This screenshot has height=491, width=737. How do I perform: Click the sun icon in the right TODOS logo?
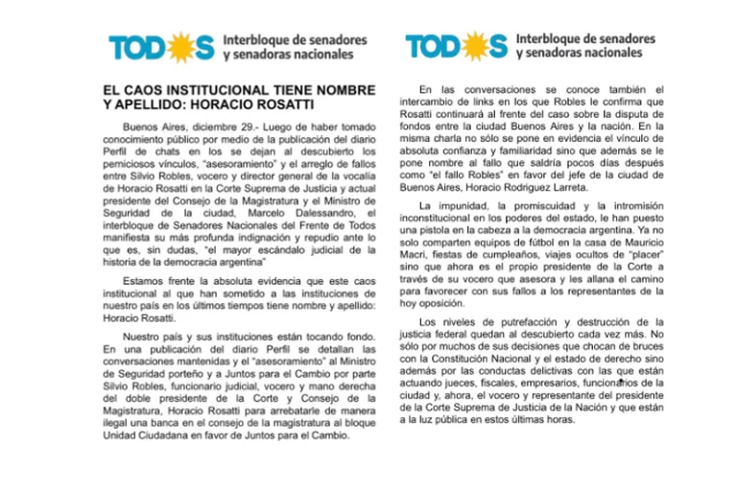pyautogui.click(x=473, y=45)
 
